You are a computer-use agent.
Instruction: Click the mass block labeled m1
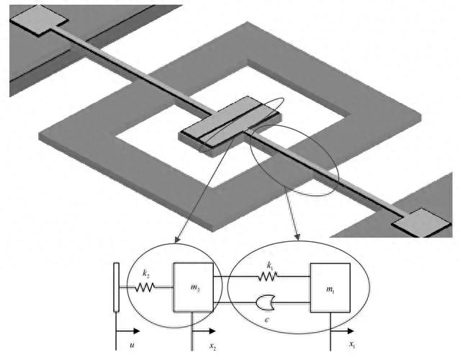330,287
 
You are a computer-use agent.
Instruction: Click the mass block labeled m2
194,287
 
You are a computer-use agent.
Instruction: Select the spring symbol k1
268,276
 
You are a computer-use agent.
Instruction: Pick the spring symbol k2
145,287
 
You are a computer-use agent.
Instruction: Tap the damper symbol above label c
265,303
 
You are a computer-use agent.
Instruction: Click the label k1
270,266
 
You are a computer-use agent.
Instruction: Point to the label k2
146,274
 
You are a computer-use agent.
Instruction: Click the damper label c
266,320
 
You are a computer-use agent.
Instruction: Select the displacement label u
132,345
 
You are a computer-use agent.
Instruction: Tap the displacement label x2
213,346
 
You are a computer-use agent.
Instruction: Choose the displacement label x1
352,344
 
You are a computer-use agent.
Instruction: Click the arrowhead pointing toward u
136,331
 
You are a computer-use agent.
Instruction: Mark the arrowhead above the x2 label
212,331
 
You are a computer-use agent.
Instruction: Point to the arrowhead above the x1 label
351,331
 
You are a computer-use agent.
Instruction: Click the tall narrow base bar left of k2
116,287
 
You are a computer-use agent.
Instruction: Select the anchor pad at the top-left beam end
39,20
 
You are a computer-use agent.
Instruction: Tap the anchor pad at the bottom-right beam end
421,222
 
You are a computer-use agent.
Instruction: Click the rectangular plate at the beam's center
230,125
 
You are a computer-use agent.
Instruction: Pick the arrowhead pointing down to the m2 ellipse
176,239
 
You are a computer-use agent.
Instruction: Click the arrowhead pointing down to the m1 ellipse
298,237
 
